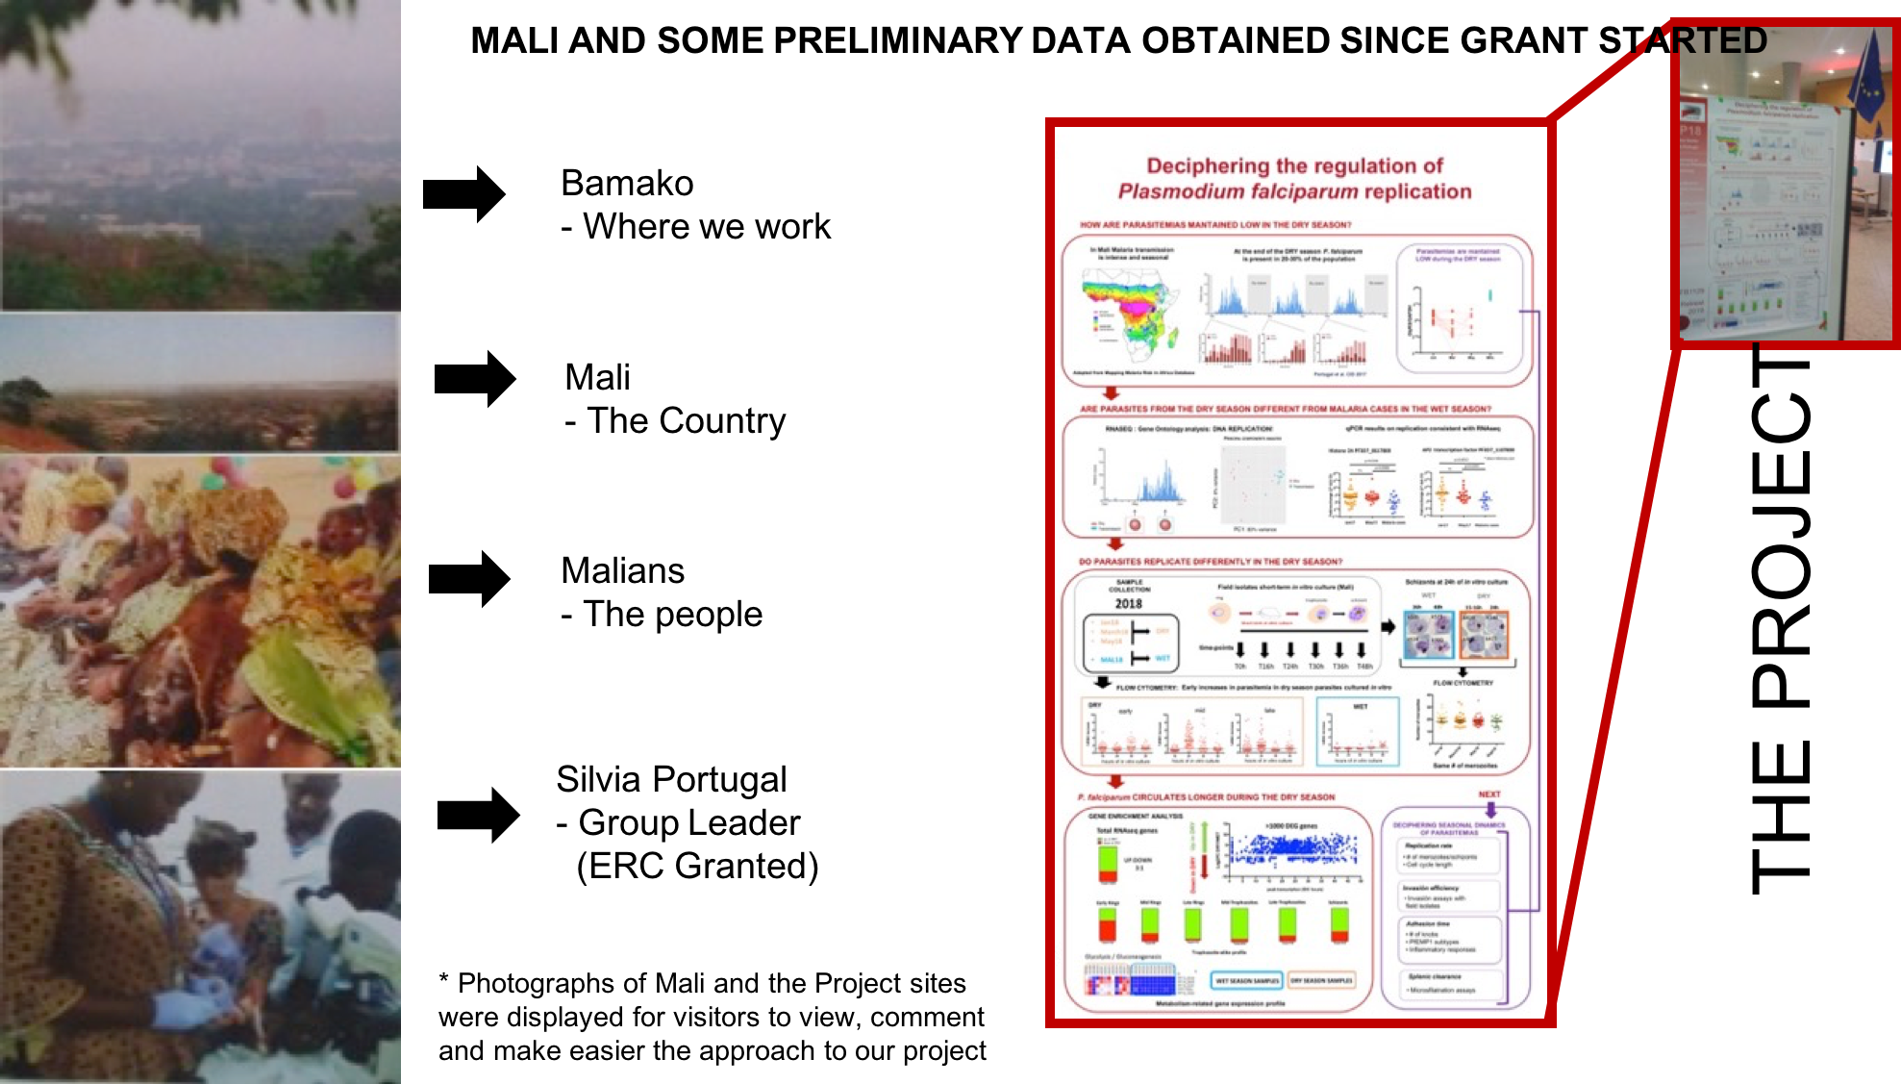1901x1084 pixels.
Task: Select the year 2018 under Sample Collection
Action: (1128, 604)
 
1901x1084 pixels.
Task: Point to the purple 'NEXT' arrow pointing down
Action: (1490, 811)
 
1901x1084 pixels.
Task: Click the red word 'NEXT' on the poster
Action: (1488, 794)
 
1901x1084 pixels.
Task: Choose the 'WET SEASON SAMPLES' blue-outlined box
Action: (1246, 981)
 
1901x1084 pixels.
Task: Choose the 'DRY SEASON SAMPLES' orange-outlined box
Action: (1321, 981)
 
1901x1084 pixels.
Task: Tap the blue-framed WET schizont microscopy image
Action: (1429, 635)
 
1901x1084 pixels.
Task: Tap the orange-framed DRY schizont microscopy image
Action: (1484, 635)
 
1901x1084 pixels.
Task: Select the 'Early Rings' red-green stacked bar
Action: (1107, 924)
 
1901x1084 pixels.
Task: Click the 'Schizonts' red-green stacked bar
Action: (1339, 924)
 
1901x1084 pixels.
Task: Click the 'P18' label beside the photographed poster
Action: (1690, 130)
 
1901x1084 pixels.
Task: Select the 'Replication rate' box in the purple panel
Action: (1447, 855)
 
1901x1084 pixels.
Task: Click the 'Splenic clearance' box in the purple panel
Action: (1447, 983)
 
